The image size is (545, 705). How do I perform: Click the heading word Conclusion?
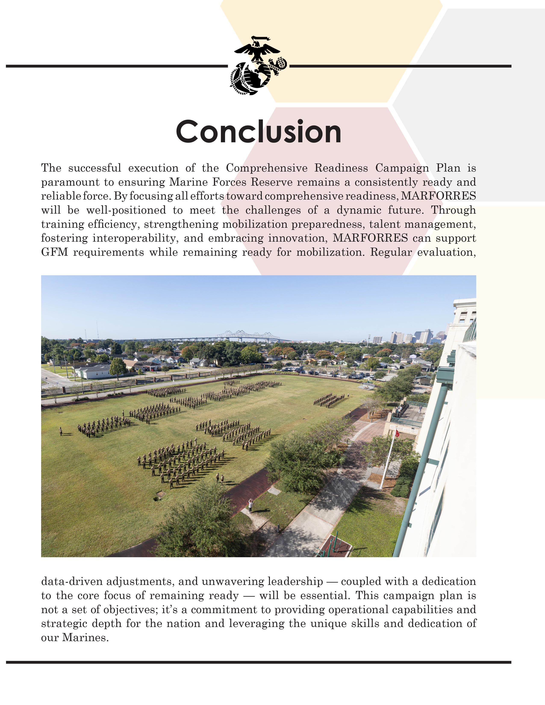258,131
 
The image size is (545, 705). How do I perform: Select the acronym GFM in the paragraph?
54,252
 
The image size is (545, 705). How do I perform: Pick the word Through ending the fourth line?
453,210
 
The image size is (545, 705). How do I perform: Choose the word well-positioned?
126,210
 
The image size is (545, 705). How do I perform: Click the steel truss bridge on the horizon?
249,336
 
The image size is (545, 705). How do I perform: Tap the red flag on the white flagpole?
397,433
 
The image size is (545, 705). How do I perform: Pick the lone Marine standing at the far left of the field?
60,431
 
